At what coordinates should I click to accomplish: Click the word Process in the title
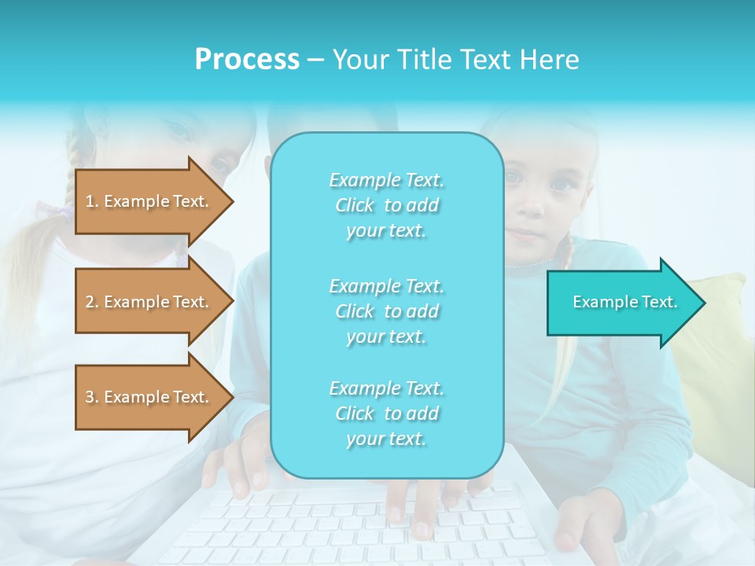click(247, 60)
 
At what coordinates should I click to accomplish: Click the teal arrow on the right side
click(621, 303)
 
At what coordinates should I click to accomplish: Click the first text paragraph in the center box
click(386, 205)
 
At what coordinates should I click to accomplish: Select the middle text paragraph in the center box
click(386, 311)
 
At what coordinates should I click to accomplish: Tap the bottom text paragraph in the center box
click(386, 413)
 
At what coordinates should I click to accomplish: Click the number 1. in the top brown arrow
click(92, 201)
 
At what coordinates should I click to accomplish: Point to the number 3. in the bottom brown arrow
click(92, 397)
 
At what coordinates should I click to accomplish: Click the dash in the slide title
click(315, 60)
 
